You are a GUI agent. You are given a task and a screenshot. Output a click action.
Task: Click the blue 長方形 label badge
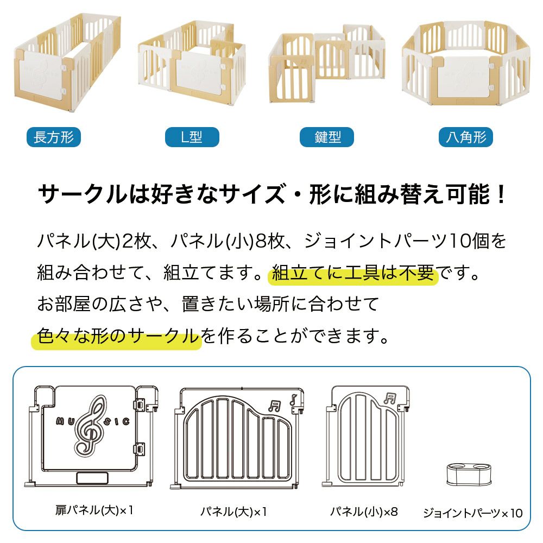click(54, 137)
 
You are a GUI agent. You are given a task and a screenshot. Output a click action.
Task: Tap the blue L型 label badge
click(192, 137)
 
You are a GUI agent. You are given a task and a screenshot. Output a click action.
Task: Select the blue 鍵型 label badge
click(326, 137)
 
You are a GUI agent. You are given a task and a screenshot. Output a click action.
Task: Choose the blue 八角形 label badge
click(466, 137)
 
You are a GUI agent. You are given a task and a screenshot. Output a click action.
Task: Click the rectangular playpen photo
click(67, 62)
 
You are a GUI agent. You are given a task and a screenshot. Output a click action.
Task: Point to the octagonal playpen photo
click(466, 64)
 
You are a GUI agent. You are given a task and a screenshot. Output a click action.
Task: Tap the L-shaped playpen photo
click(192, 62)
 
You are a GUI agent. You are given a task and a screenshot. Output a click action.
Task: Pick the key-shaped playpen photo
click(326, 64)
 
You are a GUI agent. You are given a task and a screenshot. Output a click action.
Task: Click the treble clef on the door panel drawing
click(90, 426)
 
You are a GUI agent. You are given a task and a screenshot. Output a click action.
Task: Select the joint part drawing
click(469, 474)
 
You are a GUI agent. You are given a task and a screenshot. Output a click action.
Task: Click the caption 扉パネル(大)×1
click(94, 510)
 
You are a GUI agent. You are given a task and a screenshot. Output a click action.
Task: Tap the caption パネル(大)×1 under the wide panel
click(233, 512)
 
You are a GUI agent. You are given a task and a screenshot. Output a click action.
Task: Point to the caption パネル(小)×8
click(364, 512)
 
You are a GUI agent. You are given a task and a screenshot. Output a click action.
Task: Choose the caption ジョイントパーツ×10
click(473, 513)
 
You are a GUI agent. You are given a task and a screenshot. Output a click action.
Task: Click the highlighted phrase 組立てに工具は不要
click(353, 273)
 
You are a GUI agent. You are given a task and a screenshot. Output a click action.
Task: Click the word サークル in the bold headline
click(83, 194)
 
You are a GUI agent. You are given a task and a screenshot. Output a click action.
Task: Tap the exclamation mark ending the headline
click(501, 194)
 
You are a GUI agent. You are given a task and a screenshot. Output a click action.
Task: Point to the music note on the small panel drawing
click(390, 399)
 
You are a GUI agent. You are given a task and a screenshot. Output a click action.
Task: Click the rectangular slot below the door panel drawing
click(92, 478)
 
